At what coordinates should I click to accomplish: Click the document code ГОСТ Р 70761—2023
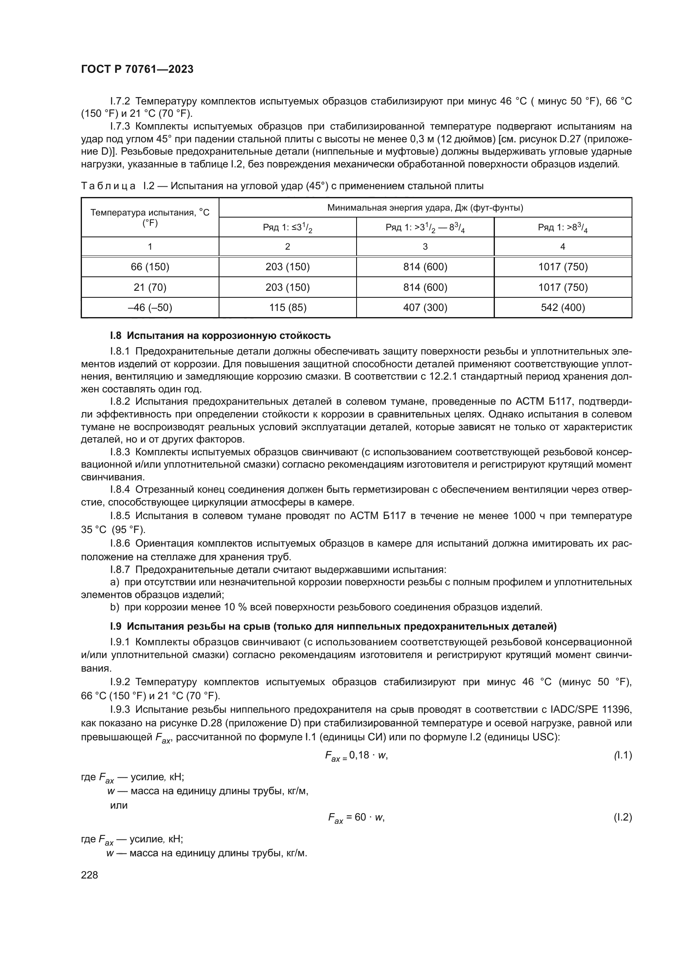tap(137, 70)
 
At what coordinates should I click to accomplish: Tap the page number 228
tap(89, 875)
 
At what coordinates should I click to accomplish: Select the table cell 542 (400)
tap(563, 308)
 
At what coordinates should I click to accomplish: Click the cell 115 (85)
tap(288, 308)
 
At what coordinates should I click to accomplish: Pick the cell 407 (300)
tap(425, 308)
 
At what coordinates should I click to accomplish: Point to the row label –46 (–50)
tap(150, 308)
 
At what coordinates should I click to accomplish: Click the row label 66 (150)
tap(150, 267)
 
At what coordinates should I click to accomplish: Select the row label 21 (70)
tap(150, 287)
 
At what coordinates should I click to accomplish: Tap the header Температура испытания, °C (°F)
tap(150, 218)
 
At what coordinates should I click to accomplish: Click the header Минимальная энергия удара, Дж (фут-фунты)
tap(425, 208)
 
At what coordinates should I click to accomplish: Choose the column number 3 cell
tap(425, 247)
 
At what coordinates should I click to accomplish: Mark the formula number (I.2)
tap(622, 817)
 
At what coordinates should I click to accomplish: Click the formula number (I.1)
tap(622, 755)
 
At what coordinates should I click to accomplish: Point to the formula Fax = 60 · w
tap(357, 818)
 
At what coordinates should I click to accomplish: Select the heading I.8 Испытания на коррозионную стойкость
tap(220, 336)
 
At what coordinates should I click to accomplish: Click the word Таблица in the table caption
tap(108, 186)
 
